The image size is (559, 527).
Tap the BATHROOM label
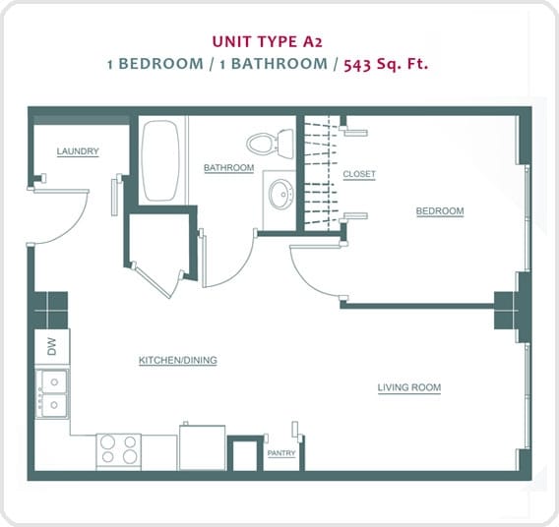pos(228,168)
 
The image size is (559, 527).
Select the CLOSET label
pos(359,174)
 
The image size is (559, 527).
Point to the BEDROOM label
pos(439,211)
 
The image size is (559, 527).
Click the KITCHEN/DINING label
pos(177,361)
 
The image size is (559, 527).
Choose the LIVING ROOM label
pos(408,387)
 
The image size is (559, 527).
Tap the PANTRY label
pos(281,453)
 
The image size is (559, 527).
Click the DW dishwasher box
pos(51,347)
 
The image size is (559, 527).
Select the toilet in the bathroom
pos(269,144)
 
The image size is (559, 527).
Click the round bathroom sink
pos(280,193)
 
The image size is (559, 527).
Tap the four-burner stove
pos(118,449)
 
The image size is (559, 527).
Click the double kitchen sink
pos(52,393)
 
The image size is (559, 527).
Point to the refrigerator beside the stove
pos(202,446)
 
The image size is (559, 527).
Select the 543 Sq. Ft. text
pos(386,64)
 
